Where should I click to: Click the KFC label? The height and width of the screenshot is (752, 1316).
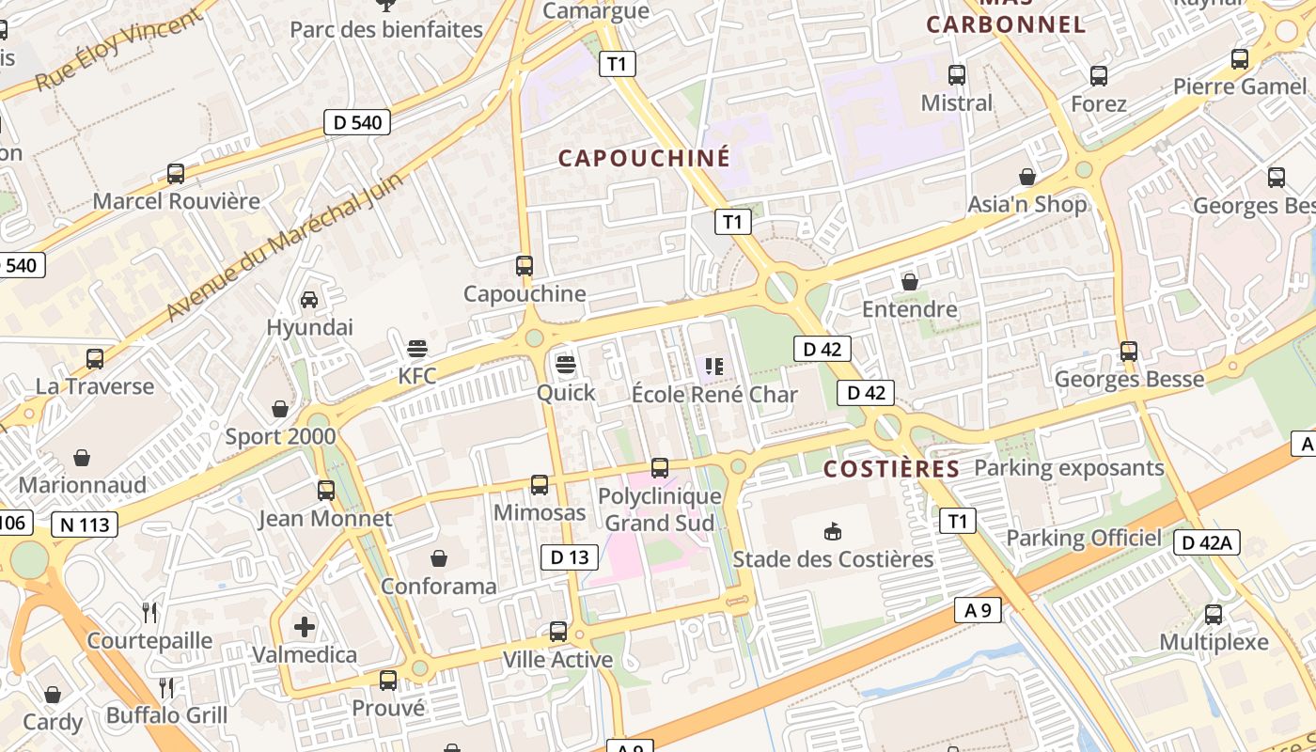pyautogui.click(x=417, y=376)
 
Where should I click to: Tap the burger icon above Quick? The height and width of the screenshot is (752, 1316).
pyautogui.click(x=565, y=364)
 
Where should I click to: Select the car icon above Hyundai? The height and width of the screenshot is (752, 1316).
pyautogui.click(x=308, y=300)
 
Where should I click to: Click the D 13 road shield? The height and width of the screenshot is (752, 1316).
pyautogui.click(x=570, y=557)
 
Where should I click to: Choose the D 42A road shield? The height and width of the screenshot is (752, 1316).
pyautogui.click(x=1208, y=542)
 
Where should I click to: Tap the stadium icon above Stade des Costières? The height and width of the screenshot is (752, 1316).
pyautogui.click(x=832, y=532)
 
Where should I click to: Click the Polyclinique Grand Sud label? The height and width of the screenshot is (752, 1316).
pyautogui.click(x=660, y=509)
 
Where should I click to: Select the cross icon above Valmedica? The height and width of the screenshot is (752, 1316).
pyautogui.click(x=305, y=626)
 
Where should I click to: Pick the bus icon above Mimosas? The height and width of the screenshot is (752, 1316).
pyautogui.click(x=540, y=485)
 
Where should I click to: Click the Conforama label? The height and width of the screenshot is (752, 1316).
pyautogui.click(x=438, y=587)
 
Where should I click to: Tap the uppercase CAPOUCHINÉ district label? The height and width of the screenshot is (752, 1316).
pyautogui.click(x=644, y=158)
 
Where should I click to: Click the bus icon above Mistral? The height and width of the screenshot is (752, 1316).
pyautogui.click(x=957, y=75)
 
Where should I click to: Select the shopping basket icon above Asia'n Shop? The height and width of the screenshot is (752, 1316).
pyautogui.click(x=1027, y=177)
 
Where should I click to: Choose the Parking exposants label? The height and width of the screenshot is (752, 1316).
pyautogui.click(x=1069, y=467)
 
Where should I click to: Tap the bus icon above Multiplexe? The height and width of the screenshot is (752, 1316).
pyautogui.click(x=1214, y=615)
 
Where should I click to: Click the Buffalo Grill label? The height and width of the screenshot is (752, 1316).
pyautogui.click(x=166, y=715)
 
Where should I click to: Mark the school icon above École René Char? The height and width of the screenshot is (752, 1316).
pyautogui.click(x=714, y=367)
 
